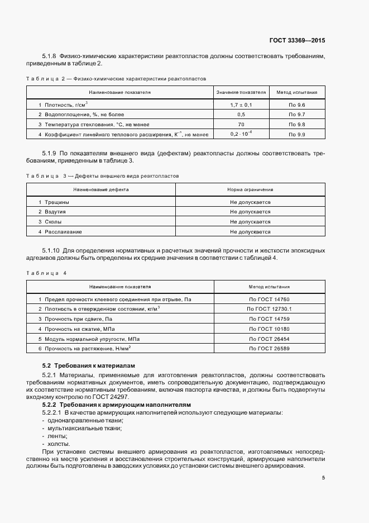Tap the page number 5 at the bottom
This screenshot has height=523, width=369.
[x=324, y=478]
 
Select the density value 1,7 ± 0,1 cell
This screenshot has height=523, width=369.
[x=241, y=104]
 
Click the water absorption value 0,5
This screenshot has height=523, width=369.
[x=241, y=115]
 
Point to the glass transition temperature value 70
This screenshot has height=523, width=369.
[x=241, y=125]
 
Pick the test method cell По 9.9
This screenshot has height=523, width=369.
[x=298, y=135]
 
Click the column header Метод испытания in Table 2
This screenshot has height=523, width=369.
[x=298, y=92]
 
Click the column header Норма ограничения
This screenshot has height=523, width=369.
[x=250, y=189]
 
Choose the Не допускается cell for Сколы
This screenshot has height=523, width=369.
[x=250, y=221]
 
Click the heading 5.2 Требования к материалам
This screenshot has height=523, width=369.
[x=77, y=365]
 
